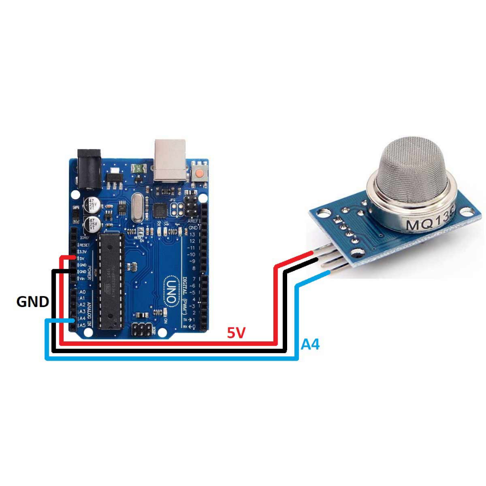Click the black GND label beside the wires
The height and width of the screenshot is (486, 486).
coord(33,301)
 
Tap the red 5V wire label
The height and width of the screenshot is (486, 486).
coord(236,333)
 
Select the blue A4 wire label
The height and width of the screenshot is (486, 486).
coord(310,345)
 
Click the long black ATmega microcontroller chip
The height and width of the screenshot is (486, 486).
coord(111,280)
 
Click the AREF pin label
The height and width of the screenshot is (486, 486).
coord(193,221)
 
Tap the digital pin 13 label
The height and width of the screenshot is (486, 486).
coord(192,234)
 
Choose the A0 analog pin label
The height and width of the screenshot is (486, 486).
coord(83,292)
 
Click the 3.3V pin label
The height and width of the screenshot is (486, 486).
coord(83,251)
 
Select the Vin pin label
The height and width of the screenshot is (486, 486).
coord(82,278)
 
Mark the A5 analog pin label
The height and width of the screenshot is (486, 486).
coord(83,325)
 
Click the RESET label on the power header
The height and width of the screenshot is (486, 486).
coord(84,244)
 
